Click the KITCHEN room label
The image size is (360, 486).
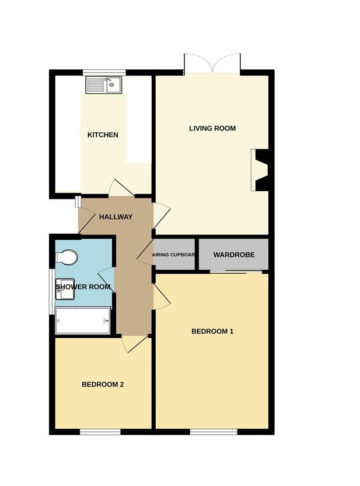tap(103, 135)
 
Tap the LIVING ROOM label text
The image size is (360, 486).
tap(212, 128)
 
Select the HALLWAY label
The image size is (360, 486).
tap(116, 217)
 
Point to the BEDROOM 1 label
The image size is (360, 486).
tap(212, 332)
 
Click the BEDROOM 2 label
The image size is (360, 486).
tap(103, 384)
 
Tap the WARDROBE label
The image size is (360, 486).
tap(234, 255)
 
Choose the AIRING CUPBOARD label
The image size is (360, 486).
tap(174, 255)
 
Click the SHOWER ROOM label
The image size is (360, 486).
tap(83, 287)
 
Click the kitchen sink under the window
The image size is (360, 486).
tap(103, 85)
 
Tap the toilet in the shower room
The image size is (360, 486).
tap(66, 258)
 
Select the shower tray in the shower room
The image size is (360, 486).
tap(82, 321)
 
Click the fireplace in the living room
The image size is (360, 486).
tap(260, 171)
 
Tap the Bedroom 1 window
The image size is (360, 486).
tap(213, 432)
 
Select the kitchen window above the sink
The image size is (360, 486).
tap(104, 72)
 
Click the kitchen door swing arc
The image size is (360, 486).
tap(119, 188)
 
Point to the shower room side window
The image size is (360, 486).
tap(51, 291)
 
